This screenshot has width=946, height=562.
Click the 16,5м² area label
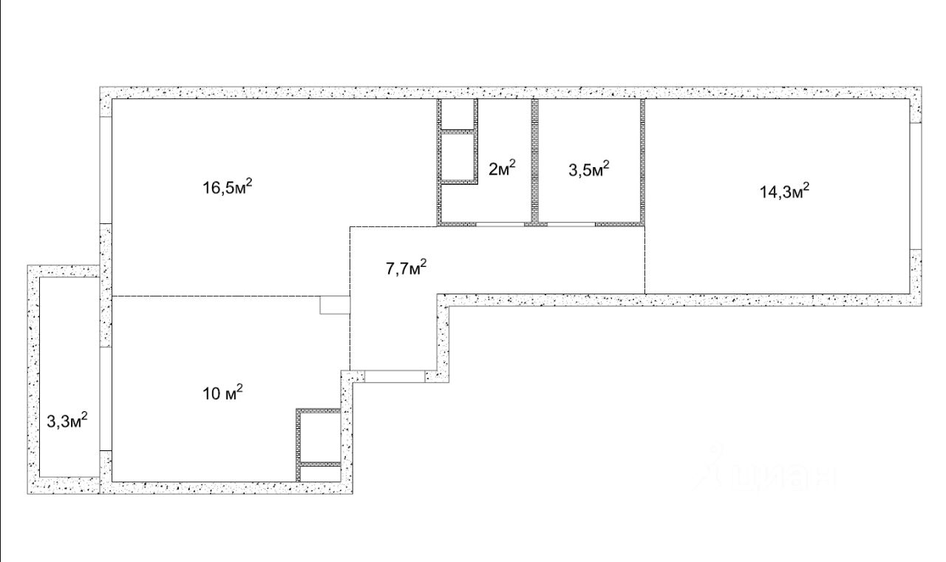click(228, 186)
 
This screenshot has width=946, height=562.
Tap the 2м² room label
click(502, 168)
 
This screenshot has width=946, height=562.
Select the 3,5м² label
click(589, 169)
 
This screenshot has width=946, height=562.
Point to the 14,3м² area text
click(785, 191)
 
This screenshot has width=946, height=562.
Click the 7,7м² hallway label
click(406, 268)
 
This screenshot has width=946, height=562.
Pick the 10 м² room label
click(223, 393)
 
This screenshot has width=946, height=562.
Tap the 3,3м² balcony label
click(67, 420)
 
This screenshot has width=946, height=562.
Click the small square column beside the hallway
click(335, 305)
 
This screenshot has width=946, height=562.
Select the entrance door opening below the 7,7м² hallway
click(395, 376)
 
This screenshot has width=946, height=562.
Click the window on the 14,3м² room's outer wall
click(916, 186)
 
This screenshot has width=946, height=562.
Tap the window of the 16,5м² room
click(106, 170)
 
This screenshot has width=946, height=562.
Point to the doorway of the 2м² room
click(500, 224)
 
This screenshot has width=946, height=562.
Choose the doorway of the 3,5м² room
click(571, 224)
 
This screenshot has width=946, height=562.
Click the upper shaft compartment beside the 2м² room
click(457, 114)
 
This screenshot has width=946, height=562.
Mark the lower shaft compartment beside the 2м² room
click(457, 158)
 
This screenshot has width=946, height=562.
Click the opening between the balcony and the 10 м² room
click(106, 399)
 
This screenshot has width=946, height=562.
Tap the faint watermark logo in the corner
click(766, 471)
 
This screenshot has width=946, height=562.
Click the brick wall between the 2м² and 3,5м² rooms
click(534, 160)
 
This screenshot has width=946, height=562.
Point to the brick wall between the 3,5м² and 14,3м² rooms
click(643, 160)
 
